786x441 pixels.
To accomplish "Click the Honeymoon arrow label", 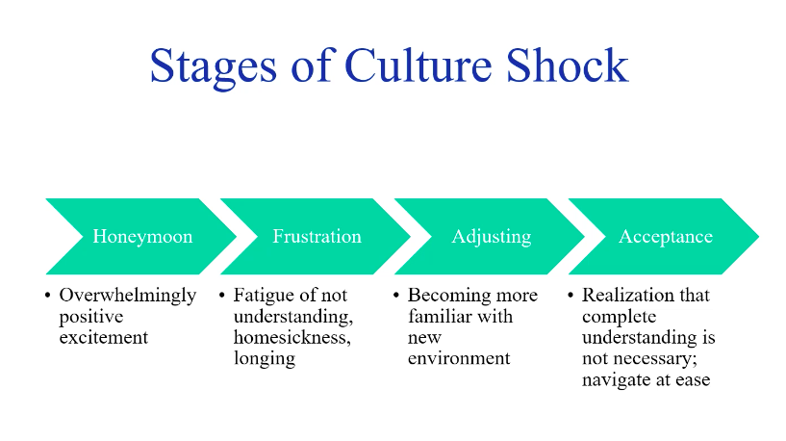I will (142, 237).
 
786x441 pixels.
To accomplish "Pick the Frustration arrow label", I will (317, 237).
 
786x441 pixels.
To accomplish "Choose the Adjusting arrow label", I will (491, 237).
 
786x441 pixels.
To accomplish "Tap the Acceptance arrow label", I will (666, 237).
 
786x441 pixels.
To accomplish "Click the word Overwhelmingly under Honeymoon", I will (128, 296).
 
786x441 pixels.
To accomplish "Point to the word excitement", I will (104, 338).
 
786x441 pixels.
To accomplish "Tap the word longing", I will (264, 359).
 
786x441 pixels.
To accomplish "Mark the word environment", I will (459, 359).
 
